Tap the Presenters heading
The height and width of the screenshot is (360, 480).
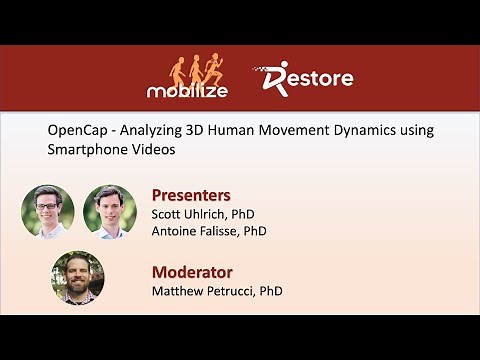pyautogui.click(x=191, y=194)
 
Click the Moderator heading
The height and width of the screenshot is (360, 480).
pyautogui.click(x=192, y=271)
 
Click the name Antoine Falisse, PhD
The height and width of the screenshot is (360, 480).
pyautogui.click(x=209, y=231)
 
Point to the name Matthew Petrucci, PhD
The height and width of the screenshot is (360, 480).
pyautogui.click(x=217, y=291)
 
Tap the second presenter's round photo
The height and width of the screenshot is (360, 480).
pyautogui.click(x=109, y=210)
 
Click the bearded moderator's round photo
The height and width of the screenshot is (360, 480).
pyautogui.click(x=77, y=277)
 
